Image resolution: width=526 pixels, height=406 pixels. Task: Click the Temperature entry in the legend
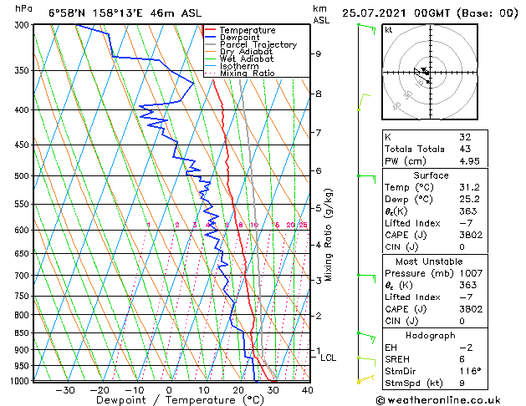pos(248,30)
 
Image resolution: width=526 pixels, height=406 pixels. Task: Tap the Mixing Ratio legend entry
pos(246,74)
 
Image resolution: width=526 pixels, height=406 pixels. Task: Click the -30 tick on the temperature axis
pos(64,389)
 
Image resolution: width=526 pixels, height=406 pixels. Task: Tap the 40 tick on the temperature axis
pos(307,389)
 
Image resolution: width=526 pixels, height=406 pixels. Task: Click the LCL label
pos(328,358)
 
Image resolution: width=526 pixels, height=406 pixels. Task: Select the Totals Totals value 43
pos(465,149)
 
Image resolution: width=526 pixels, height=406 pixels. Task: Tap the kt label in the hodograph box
pos(389,29)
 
